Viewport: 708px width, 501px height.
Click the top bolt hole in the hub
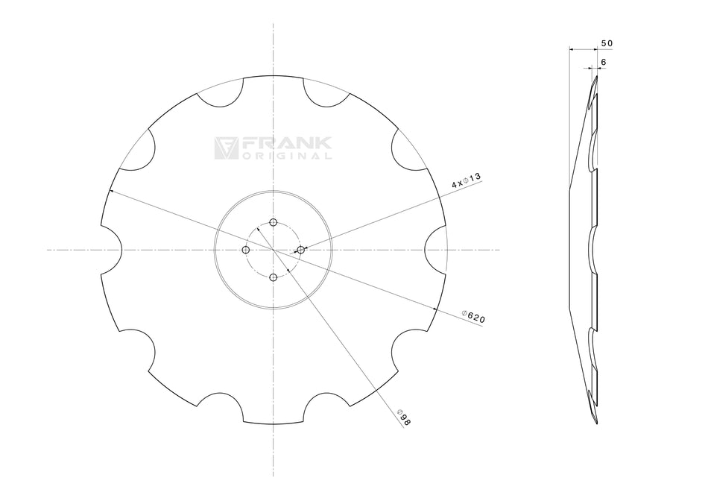[274, 223]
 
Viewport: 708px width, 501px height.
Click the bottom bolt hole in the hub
[274, 277]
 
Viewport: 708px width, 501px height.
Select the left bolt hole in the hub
[247, 250]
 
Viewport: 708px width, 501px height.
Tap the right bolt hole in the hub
[301, 250]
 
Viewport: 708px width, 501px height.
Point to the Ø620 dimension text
[473, 316]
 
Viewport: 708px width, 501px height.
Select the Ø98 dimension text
[404, 417]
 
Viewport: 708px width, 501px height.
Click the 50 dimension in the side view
[606, 44]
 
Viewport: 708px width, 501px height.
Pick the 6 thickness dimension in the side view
[602, 62]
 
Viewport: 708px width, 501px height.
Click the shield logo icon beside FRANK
[226, 148]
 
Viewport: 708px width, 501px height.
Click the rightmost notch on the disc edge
[436, 250]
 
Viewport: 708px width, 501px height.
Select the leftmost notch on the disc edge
[112, 250]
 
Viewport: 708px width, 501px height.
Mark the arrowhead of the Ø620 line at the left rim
[111, 192]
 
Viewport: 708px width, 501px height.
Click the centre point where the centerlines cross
[274, 250]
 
